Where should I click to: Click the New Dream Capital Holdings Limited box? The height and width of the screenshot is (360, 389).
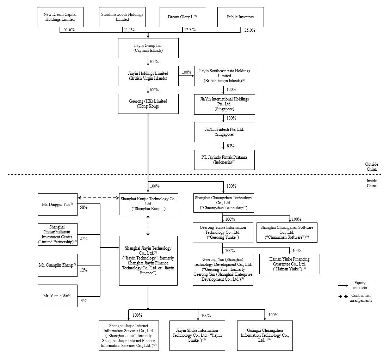coord(60,17)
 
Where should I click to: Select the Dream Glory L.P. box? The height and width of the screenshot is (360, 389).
coord(183,17)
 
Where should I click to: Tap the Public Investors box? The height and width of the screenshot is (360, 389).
coord(240,17)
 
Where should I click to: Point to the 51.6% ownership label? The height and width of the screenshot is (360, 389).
coord(69,30)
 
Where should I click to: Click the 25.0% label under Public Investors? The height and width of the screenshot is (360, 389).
coord(250,30)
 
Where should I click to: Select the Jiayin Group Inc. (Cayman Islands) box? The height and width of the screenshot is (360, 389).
coord(148,48)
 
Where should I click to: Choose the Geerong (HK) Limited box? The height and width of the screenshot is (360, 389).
coord(148,104)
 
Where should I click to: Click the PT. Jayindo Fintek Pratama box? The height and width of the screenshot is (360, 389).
coord(224,160)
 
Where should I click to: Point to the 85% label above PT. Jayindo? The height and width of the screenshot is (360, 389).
coord(231,146)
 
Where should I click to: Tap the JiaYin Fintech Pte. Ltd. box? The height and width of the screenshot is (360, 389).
coord(224,132)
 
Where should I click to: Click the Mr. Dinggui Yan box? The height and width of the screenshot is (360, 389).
coord(57,204)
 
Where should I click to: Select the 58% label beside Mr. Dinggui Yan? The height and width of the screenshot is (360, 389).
coord(84,207)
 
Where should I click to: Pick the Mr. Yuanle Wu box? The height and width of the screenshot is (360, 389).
coord(57,296)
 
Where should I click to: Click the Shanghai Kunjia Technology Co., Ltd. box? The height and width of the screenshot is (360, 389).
coord(148,204)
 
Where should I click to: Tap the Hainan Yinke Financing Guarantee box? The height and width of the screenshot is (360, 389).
coord(289,264)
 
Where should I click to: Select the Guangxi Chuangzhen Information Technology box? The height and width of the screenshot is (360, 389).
coord(265,335)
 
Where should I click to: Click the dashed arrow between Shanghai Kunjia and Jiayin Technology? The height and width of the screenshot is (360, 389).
coord(148,225)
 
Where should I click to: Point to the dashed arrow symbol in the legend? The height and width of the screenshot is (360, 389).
coord(343,297)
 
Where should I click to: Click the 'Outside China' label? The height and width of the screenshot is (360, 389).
coord(371,167)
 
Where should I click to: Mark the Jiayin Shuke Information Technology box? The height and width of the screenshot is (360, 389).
coord(197,335)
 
